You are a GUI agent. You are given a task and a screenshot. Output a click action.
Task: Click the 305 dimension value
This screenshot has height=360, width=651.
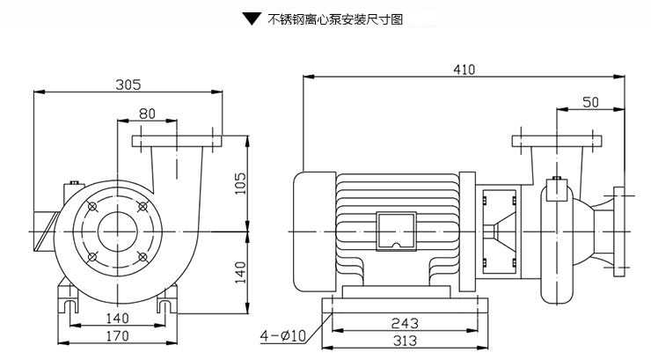[x=128, y=84]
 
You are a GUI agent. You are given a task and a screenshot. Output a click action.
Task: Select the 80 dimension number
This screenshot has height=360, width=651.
[x=147, y=113]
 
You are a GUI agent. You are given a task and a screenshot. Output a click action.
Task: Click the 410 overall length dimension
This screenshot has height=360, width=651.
[x=463, y=70]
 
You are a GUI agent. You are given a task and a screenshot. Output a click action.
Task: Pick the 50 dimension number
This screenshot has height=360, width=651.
[x=590, y=102]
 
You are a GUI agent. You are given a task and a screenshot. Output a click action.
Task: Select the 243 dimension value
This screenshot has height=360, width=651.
[x=405, y=323]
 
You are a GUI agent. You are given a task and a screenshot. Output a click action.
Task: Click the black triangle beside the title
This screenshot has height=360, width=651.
[x=252, y=18]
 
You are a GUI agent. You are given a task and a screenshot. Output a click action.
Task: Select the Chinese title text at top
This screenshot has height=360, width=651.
[x=334, y=18]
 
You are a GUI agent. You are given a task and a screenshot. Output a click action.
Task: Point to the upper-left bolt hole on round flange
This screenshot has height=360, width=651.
[x=92, y=206]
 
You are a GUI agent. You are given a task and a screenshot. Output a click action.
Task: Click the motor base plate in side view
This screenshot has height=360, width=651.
[x=405, y=305]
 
